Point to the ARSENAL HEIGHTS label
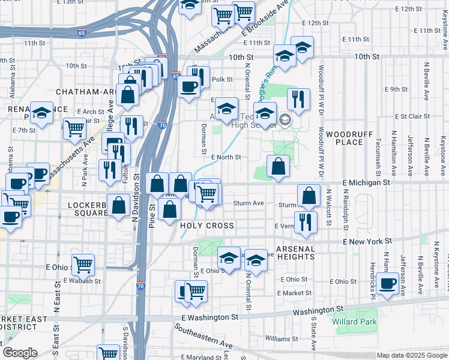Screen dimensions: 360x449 295,252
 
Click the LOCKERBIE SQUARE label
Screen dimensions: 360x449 79,208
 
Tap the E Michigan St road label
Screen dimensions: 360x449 366,182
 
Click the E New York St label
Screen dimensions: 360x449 367,241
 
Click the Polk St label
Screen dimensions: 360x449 221,79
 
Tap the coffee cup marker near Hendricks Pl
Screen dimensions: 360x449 388,283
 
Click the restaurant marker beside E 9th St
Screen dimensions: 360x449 298,98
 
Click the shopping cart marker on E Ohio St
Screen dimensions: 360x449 83,264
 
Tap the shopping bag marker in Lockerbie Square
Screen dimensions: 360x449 119,205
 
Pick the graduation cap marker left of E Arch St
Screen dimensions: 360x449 41,112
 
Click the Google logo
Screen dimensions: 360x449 20,353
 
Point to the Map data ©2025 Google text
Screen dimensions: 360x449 411,355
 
